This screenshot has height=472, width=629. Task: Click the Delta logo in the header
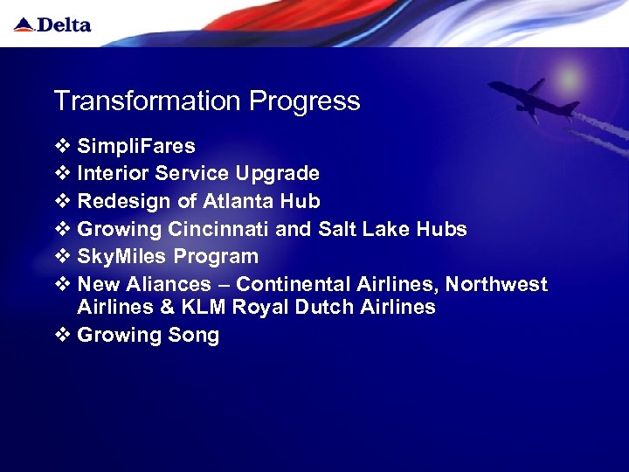52,24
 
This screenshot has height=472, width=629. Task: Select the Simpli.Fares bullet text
136,145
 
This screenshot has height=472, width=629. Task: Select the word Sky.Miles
122,257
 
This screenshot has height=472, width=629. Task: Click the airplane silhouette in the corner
533,100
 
